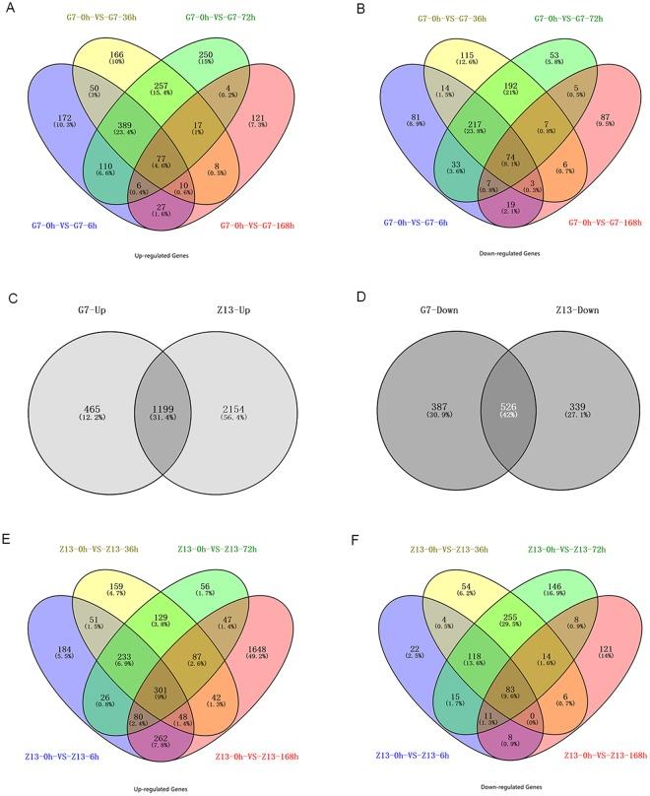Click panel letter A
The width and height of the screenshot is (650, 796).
point(13,8)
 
